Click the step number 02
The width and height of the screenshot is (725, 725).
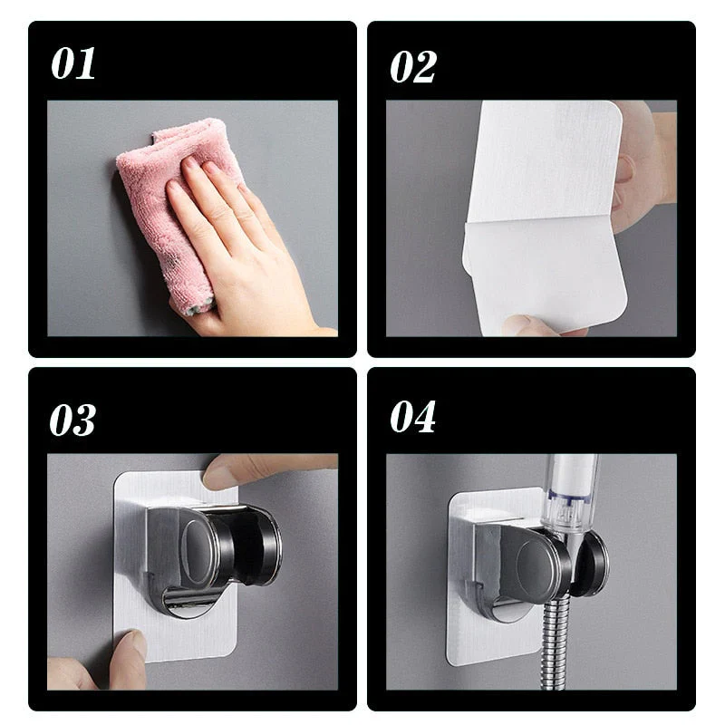[x=413, y=65]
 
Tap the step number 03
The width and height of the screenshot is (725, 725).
[x=72, y=419]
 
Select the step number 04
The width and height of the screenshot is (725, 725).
[x=413, y=417]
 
